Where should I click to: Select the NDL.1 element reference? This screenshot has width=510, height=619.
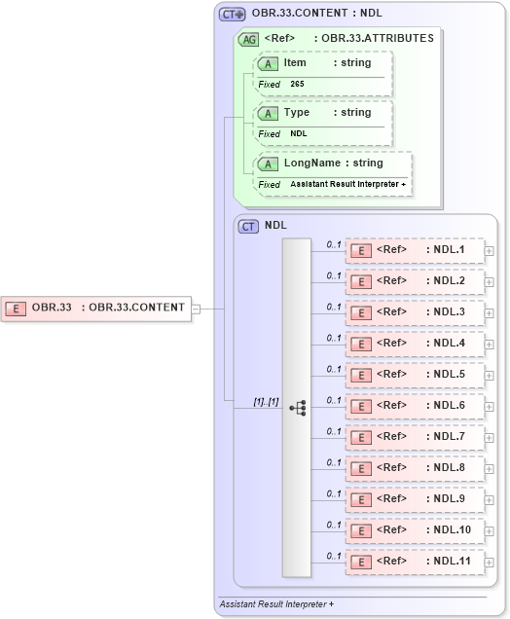[416, 250]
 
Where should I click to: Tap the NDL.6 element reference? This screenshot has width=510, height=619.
[416, 405]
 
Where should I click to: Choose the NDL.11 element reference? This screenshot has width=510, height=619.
[416, 561]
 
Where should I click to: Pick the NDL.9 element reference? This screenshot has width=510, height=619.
[416, 498]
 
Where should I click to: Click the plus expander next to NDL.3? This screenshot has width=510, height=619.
[490, 313]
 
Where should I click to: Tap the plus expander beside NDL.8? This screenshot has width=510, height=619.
[490, 469]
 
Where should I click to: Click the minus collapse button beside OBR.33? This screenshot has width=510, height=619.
[196, 309]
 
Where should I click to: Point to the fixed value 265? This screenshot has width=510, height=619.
[297, 84]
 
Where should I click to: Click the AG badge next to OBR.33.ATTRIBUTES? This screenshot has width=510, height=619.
[249, 38]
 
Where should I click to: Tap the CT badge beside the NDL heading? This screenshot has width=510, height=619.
[249, 225]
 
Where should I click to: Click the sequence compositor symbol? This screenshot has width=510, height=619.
[297, 408]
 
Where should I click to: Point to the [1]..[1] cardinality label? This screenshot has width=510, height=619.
[266, 400]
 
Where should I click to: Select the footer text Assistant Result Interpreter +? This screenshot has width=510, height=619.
[276, 604]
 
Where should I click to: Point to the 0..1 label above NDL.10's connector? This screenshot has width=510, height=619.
[334, 525]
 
